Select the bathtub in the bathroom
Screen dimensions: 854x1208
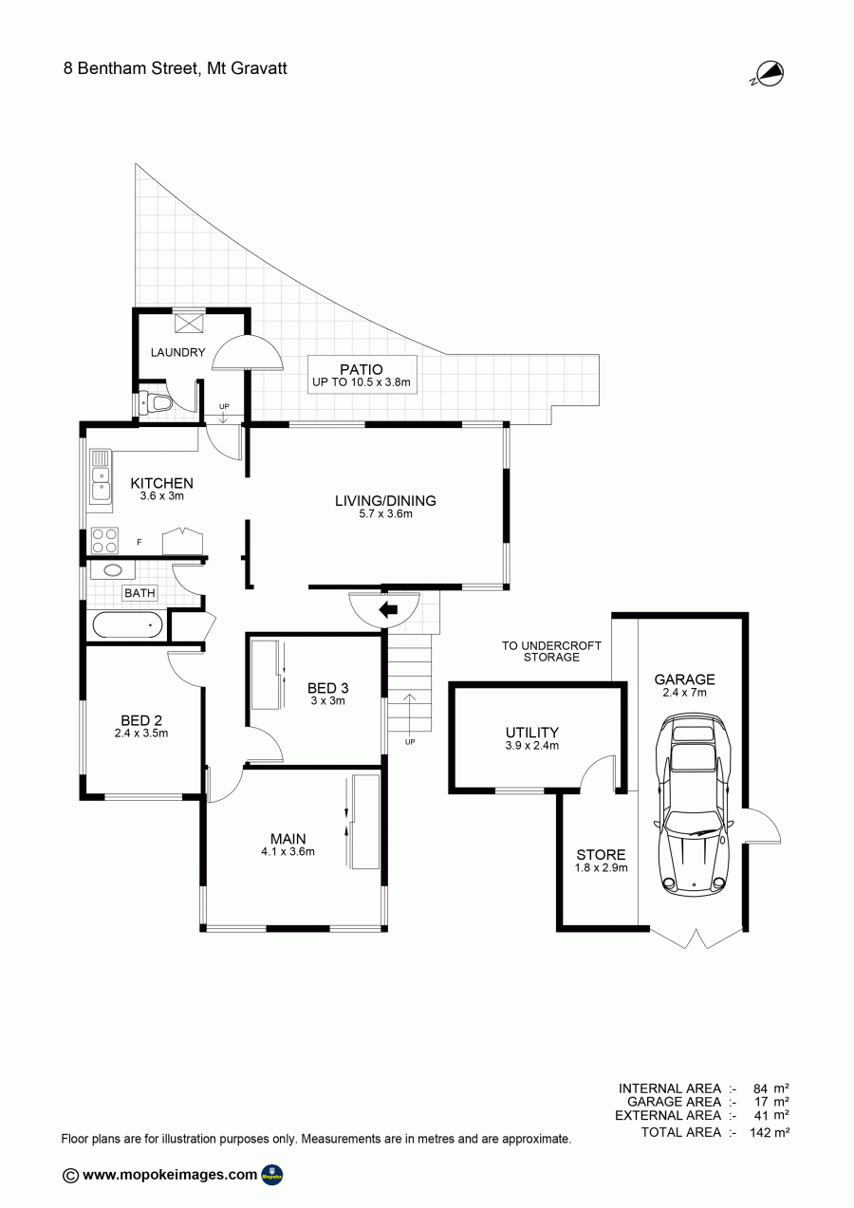[127, 625]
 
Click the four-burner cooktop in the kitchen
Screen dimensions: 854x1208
[104, 541]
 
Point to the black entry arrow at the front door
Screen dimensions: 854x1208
[388, 610]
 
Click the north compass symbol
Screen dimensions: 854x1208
[769, 74]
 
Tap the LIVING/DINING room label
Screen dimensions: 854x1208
[385, 501]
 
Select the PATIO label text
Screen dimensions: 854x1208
[362, 369]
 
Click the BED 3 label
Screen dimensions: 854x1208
[327, 688]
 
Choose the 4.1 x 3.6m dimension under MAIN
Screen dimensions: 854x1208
[288, 852]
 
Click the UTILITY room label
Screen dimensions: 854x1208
[532, 733]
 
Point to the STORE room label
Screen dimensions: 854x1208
[602, 855]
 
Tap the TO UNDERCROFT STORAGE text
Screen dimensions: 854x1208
[551, 651]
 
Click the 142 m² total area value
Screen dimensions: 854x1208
[770, 1132]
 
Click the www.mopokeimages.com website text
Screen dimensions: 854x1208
[170, 1175]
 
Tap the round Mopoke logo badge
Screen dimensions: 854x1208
[271, 1175]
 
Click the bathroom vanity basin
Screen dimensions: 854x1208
[113, 570]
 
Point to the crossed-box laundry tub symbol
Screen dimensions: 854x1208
[189, 322]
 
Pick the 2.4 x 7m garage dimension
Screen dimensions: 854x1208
[685, 693]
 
